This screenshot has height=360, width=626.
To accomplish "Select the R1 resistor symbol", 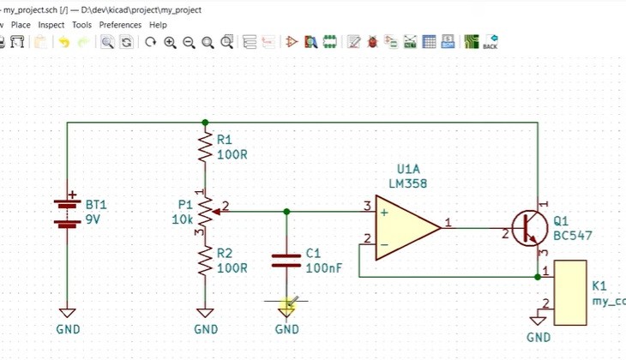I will click(x=204, y=147).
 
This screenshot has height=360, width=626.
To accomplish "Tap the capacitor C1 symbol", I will click(x=286, y=260).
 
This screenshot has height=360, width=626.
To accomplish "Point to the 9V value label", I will click(x=93, y=220).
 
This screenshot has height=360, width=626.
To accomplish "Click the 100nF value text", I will click(x=323, y=268).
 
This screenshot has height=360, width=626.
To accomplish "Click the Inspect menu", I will click(x=51, y=25).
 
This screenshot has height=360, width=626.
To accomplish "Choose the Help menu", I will click(x=158, y=25).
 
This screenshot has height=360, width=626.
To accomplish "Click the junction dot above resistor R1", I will click(x=204, y=123).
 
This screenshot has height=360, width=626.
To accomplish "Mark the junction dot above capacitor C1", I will click(x=286, y=211).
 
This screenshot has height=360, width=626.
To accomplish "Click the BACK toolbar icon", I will click(x=491, y=42).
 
